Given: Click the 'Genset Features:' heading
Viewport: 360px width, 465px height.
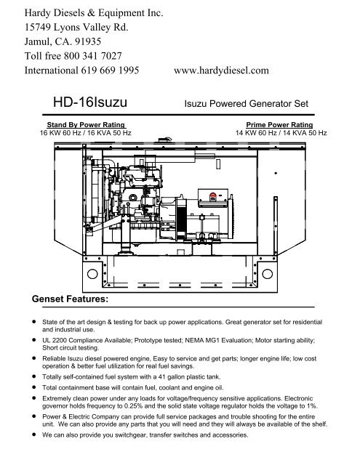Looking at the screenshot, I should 67,298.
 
